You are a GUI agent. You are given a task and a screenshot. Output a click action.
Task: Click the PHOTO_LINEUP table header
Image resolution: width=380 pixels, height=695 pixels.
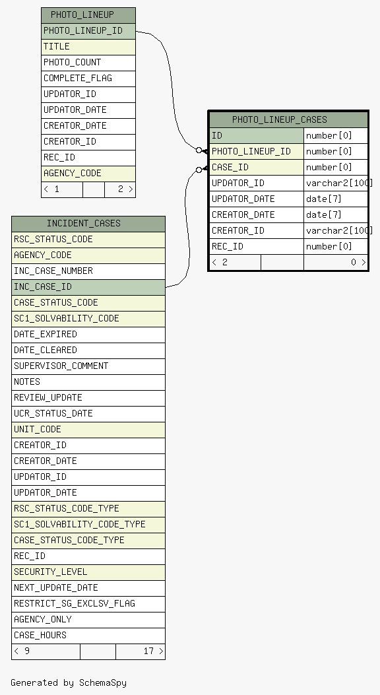(x=88, y=15)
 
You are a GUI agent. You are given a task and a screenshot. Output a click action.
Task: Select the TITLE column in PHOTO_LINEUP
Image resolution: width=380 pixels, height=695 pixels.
(x=88, y=47)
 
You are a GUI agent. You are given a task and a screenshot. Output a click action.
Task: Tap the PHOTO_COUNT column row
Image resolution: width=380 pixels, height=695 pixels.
(x=88, y=63)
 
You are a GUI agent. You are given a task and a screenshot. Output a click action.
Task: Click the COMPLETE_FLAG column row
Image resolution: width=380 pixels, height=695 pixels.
(x=88, y=79)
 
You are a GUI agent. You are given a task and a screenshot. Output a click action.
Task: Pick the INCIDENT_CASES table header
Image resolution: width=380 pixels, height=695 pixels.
(x=88, y=223)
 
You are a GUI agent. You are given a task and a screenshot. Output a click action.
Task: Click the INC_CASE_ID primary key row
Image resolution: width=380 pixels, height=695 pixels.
(x=88, y=286)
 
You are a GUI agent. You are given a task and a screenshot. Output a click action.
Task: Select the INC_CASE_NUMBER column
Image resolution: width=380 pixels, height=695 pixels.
(x=88, y=271)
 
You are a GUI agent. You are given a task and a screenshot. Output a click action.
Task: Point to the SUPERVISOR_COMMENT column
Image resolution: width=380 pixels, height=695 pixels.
(x=88, y=366)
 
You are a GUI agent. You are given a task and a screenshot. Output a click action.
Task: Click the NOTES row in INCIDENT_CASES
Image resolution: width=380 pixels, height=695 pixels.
(x=88, y=382)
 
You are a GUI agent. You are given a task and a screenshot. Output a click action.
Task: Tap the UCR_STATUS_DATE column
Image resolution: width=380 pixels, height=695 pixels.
(x=88, y=414)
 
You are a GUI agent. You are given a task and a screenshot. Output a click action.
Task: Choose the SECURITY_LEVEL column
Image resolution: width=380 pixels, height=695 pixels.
(x=88, y=572)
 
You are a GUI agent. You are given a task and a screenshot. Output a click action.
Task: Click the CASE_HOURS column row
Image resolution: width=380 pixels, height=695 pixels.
(x=88, y=636)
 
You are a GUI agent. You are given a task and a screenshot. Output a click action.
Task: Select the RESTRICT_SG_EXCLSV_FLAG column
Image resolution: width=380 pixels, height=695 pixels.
(x=88, y=604)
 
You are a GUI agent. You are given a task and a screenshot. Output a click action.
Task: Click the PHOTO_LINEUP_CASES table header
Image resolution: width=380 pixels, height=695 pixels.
(x=288, y=119)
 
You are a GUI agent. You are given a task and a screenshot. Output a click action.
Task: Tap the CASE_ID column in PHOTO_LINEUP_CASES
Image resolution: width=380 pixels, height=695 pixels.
(x=257, y=168)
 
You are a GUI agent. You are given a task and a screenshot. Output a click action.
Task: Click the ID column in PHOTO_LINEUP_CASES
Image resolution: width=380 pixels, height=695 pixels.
(x=257, y=135)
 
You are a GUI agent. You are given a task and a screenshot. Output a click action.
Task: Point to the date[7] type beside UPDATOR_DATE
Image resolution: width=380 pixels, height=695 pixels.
(x=324, y=199)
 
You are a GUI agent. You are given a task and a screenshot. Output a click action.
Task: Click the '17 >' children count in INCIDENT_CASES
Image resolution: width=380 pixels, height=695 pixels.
(x=153, y=651)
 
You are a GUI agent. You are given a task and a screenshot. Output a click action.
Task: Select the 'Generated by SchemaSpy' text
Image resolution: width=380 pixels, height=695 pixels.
(x=69, y=682)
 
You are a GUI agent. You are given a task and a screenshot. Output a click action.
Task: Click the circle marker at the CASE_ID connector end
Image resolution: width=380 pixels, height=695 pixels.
(x=199, y=170)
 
